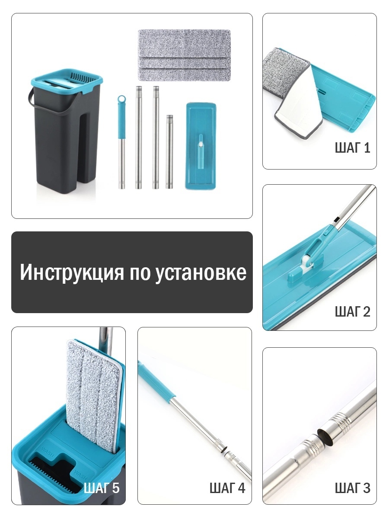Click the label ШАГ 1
tap(352, 148)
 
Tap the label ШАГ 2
tap(352, 312)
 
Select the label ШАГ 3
tap(352, 488)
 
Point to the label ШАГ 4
tap(227, 488)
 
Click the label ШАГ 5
tap(102, 488)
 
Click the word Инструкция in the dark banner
tap(72, 272)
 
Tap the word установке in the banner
tap(201, 272)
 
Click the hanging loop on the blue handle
tap(121, 99)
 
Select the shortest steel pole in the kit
tap(169, 152)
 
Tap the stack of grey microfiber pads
tap(184, 55)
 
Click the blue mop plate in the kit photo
tap(201, 146)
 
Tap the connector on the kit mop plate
tap(201, 152)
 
